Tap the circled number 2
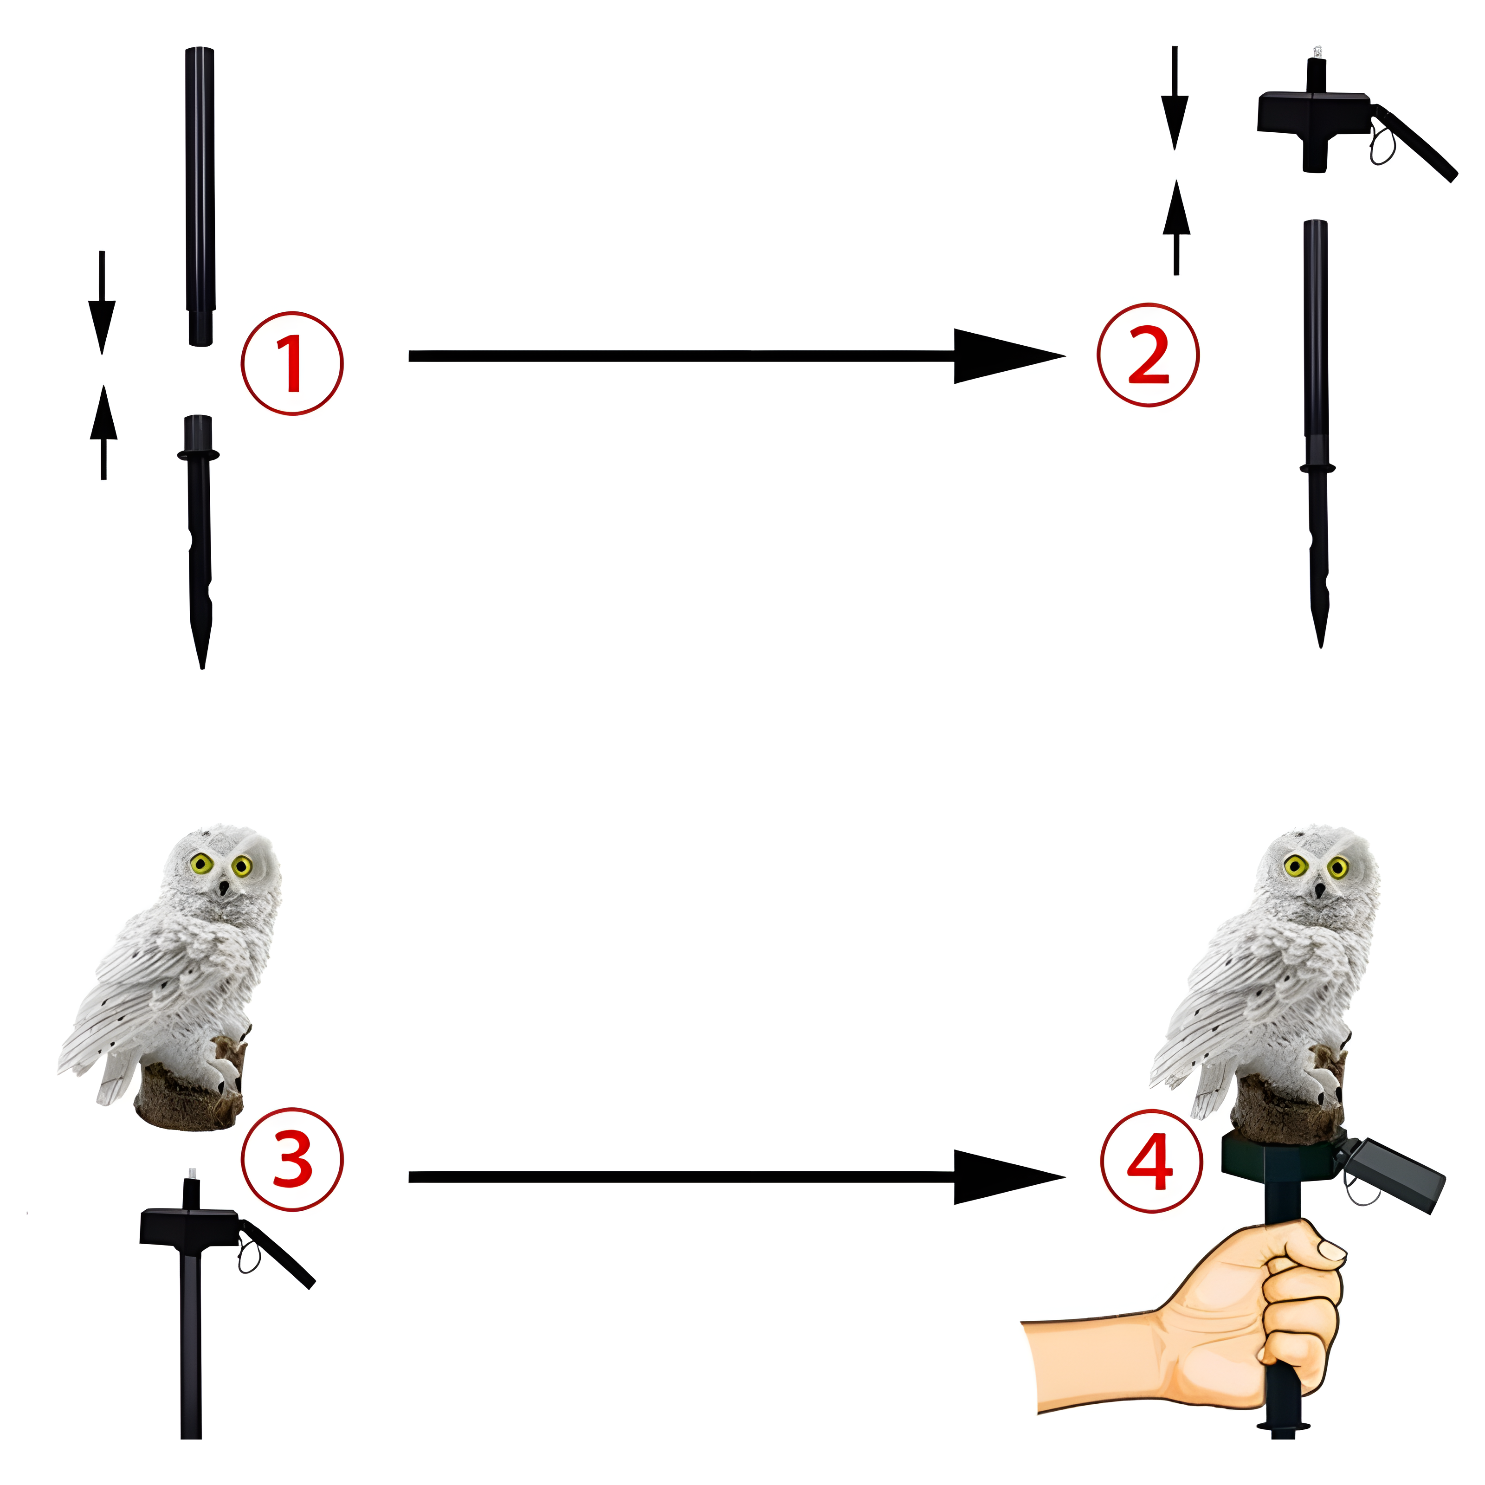pos(1148,355)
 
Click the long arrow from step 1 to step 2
pos(736,356)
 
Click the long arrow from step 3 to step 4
pos(736,1177)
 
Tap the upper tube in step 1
pos(200,196)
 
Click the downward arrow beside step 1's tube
pos(102,302)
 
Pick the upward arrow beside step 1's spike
pos(103,432)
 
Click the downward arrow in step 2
pos(1175,97)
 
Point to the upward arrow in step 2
pos(1176,227)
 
